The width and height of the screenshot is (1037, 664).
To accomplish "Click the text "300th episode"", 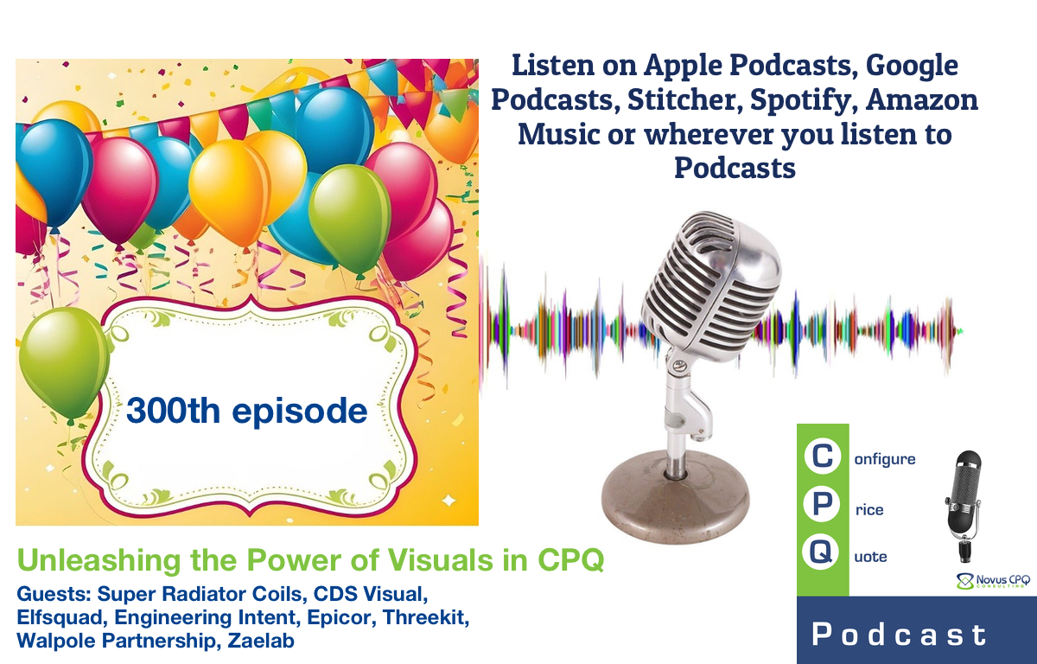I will coord(247,410).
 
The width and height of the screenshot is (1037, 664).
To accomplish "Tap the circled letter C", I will coord(822,458).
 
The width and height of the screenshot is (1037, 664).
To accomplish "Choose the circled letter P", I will coord(822,508).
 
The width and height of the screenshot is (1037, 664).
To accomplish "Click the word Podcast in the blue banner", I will coord(899,635).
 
